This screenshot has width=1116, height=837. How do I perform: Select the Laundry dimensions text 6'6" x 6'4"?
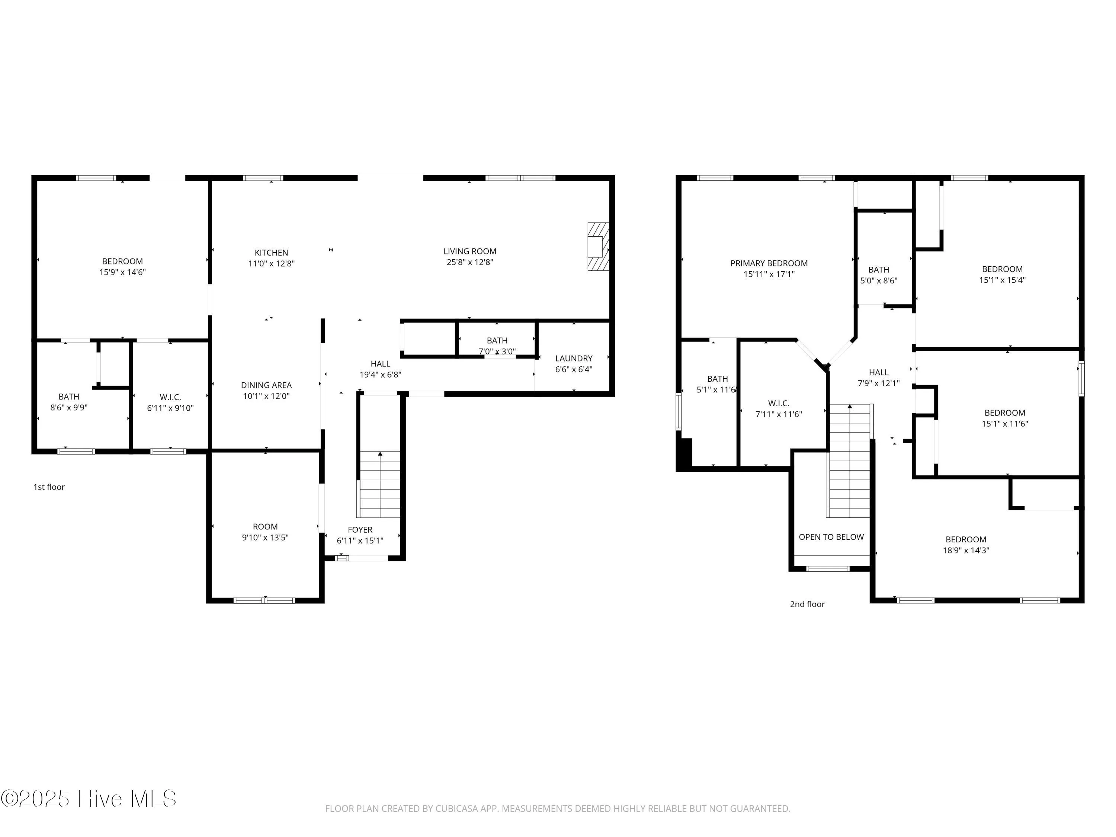pyautogui.click(x=574, y=369)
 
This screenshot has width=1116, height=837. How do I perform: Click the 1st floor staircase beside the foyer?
pyautogui.click(x=379, y=484)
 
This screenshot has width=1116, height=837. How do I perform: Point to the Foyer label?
pyautogui.click(x=360, y=530)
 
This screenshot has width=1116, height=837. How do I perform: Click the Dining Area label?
pyautogui.click(x=266, y=385)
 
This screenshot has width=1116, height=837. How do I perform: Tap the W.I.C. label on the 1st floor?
pyautogui.click(x=170, y=398)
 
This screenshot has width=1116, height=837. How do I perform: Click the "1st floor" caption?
pyautogui.click(x=49, y=487)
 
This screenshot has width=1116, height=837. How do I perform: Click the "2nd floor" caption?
pyautogui.click(x=807, y=604)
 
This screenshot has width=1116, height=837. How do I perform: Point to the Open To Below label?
pyautogui.click(x=831, y=537)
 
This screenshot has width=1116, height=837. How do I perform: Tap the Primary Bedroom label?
pyautogui.click(x=769, y=263)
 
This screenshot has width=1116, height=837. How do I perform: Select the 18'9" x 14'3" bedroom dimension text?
pyautogui.click(x=966, y=551)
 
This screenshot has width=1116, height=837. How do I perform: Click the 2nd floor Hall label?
pyautogui.click(x=878, y=372)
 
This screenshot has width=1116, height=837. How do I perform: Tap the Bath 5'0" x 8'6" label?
pyautogui.click(x=878, y=270)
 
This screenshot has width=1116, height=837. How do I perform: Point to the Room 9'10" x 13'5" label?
pyautogui.click(x=265, y=527)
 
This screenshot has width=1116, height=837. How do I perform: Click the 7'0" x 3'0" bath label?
pyautogui.click(x=497, y=352)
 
